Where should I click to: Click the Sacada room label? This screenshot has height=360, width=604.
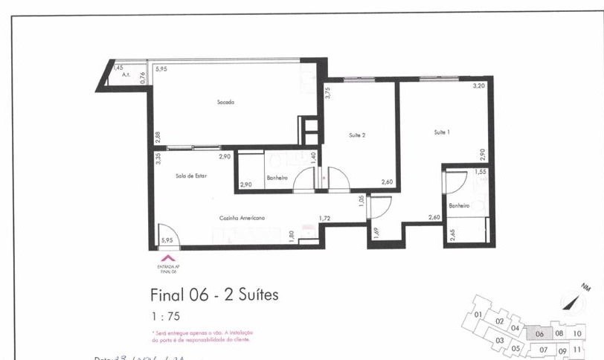coord(225,102)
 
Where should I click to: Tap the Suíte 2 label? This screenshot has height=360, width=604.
coord(357,135)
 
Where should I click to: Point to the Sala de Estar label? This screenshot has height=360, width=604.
coord(191,176)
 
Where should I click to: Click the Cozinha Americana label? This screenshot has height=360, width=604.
coord(242,218)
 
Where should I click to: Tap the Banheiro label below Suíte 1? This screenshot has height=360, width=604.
coord(458,205)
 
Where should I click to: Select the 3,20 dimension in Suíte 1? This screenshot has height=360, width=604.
coord(479,86)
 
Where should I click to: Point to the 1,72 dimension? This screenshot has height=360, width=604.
coord(324,218)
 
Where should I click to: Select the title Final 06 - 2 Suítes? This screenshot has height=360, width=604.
coord(214,295)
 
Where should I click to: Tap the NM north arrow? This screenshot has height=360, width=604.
coord(571,298)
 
